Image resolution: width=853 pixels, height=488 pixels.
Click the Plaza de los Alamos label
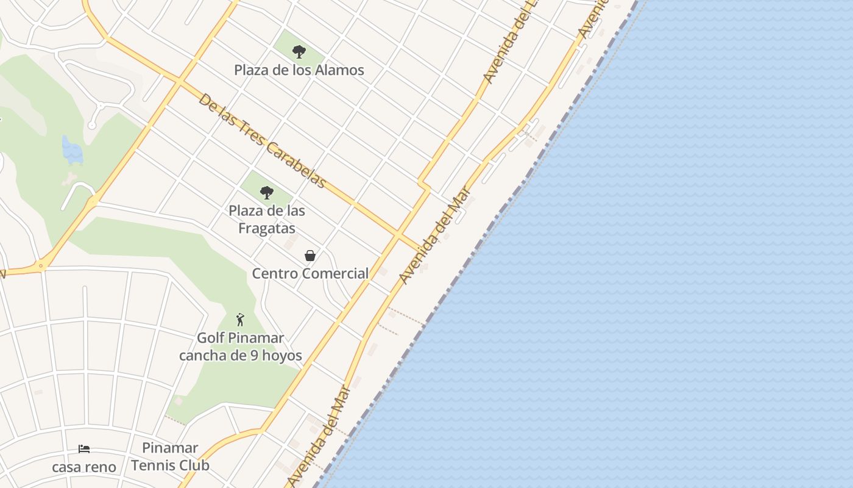299,70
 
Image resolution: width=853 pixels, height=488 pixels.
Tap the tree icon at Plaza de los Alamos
299,52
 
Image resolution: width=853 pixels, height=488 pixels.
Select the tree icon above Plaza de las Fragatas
266,193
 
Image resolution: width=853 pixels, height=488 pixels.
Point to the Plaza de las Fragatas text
267,220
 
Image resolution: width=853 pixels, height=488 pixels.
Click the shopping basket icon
310,256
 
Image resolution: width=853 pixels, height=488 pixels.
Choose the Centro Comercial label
310,273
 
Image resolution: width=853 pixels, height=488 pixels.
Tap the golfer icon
240,320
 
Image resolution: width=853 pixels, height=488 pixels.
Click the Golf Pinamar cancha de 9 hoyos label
240,346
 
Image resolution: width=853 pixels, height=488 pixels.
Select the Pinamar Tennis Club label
170,457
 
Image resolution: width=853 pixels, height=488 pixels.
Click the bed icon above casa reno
84,450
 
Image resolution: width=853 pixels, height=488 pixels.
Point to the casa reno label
84,467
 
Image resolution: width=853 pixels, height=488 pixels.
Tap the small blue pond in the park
72,151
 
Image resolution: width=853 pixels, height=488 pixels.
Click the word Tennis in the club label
170,465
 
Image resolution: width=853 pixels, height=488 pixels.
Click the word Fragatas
267,229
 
